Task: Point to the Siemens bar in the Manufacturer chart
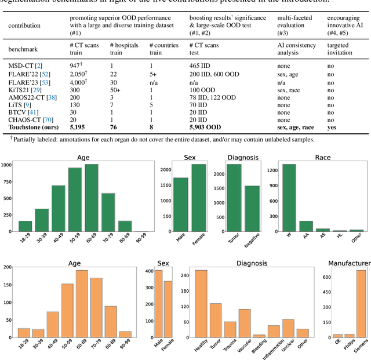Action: (x=361, y=303)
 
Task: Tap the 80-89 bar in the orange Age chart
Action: (x=110, y=321)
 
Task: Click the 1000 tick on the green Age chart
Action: (x=6, y=165)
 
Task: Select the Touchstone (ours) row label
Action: (x=32, y=126)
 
